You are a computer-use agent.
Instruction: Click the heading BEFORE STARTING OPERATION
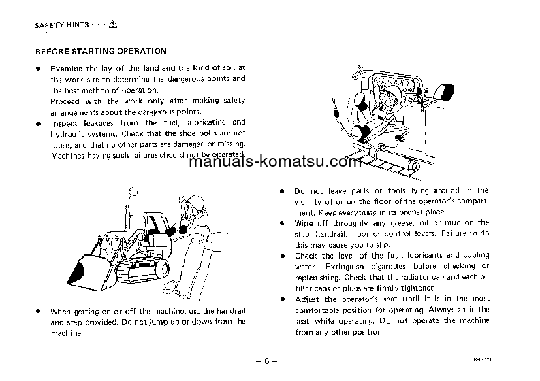[x=100, y=50]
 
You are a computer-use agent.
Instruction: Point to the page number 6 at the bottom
[x=270, y=360]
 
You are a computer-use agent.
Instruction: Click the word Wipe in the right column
[x=304, y=223]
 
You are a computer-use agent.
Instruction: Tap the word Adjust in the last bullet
[x=306, y=299]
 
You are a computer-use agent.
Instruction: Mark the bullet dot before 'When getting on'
[x=39, y=311]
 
